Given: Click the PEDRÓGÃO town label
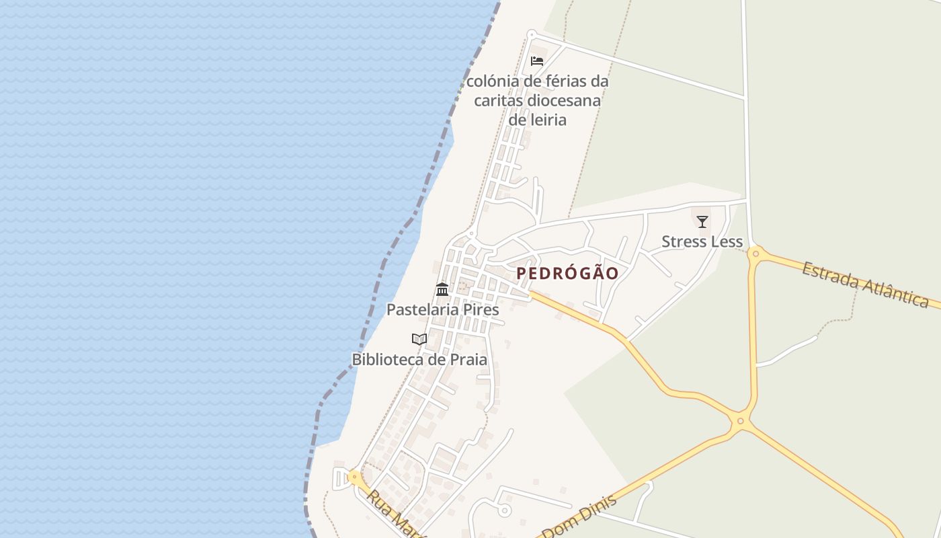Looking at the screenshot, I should (x=567, y=273).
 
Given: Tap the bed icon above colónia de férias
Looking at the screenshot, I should (x=537, y=61).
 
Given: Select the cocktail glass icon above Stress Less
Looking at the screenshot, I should (x=702, y=221).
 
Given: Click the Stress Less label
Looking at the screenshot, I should (x=702, y=241).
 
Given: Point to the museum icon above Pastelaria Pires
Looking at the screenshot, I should (x=442, y=290).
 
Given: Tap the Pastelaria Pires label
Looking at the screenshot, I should (x=442, y=309).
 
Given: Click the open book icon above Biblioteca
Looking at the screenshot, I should (x=419, y=339).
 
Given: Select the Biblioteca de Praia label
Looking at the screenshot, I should (x=419, y=359).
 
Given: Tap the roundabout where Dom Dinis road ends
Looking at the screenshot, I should (x=740, y=422).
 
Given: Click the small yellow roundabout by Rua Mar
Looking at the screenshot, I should (x=354, y=477).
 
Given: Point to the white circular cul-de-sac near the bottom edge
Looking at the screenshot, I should (x=504, y=510).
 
